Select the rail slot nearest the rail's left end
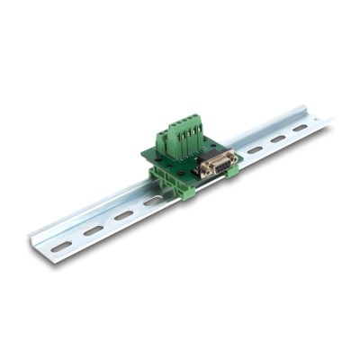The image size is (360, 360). point(61,245)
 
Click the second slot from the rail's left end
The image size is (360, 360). point(93,230)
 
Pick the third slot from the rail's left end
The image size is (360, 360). point(123,215)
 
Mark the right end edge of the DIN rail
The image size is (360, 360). point(326,119)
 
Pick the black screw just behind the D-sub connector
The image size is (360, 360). point(209,148)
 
